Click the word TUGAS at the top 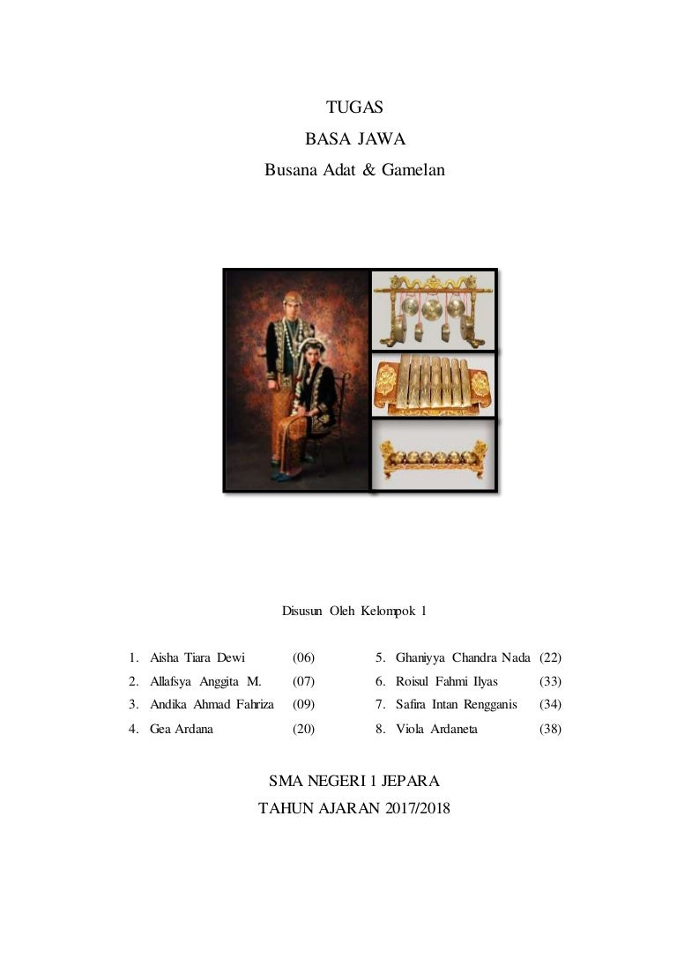[x=354, y=108]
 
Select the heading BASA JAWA [x=354, y=138]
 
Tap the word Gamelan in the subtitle [x=413, y=170]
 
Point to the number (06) [x=303, y=657]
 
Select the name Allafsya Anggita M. [x=205, y=681]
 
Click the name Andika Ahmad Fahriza [x=212, y=705]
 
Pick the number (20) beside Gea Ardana [x=303, y=729]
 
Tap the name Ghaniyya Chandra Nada [x=463, y=657]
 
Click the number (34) [x=550, y=705]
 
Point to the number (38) [x=550, y=729]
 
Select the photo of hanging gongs [x=433, y=311]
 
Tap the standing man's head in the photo [x=292, y=304]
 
